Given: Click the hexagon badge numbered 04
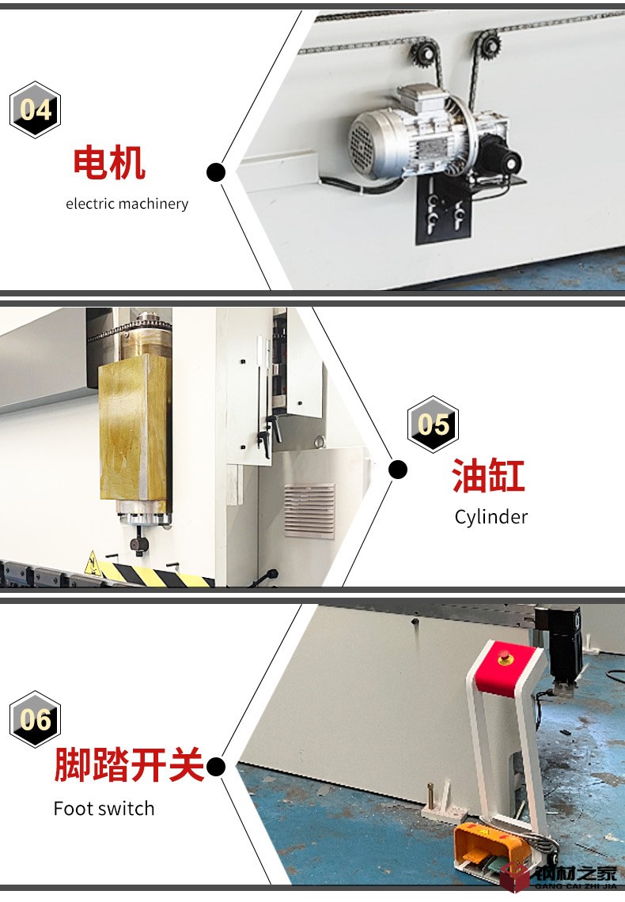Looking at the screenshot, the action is (x=35, y=109).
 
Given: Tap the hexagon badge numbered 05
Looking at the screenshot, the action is (x=433, y=425).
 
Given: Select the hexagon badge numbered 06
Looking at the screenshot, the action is (x=35, y=719).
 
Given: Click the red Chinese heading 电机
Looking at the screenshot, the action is (x=108, y=164).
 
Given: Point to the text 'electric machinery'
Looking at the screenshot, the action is (x=127, y=204).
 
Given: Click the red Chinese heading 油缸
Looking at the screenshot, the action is (x=488, y=476).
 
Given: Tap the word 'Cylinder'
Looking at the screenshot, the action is (x=491, y=517).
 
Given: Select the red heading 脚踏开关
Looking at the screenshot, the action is (x=130, y=764).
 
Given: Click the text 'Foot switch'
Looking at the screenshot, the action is (x=104, y=808).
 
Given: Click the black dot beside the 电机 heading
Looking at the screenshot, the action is (x=216, y=172).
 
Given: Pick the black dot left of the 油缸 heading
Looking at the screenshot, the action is (x=398, y=470).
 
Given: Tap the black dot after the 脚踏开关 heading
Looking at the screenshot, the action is (x=216, y=767).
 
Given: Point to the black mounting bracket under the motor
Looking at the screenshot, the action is (x=443, y=208).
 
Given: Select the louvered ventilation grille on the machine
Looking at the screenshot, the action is (x=309, y=511).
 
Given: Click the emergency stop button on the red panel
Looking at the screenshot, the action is (x=505, y=657).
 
